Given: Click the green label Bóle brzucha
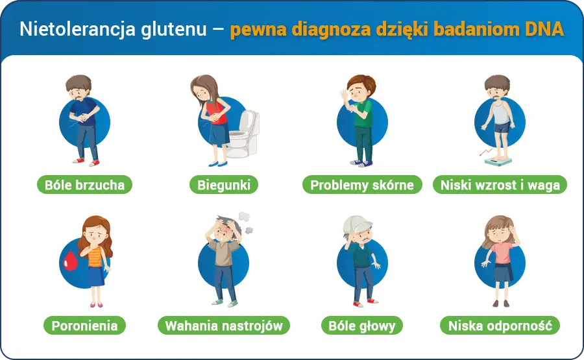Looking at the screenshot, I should point(84,185).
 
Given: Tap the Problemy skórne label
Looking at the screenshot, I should point(361,185).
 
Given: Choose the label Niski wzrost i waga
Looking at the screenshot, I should point(500,185).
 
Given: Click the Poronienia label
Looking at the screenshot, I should point(84,326).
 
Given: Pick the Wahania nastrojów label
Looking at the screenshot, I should point(224,326).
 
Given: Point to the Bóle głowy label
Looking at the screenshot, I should point(361,326).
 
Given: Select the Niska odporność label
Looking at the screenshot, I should point(500,326).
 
